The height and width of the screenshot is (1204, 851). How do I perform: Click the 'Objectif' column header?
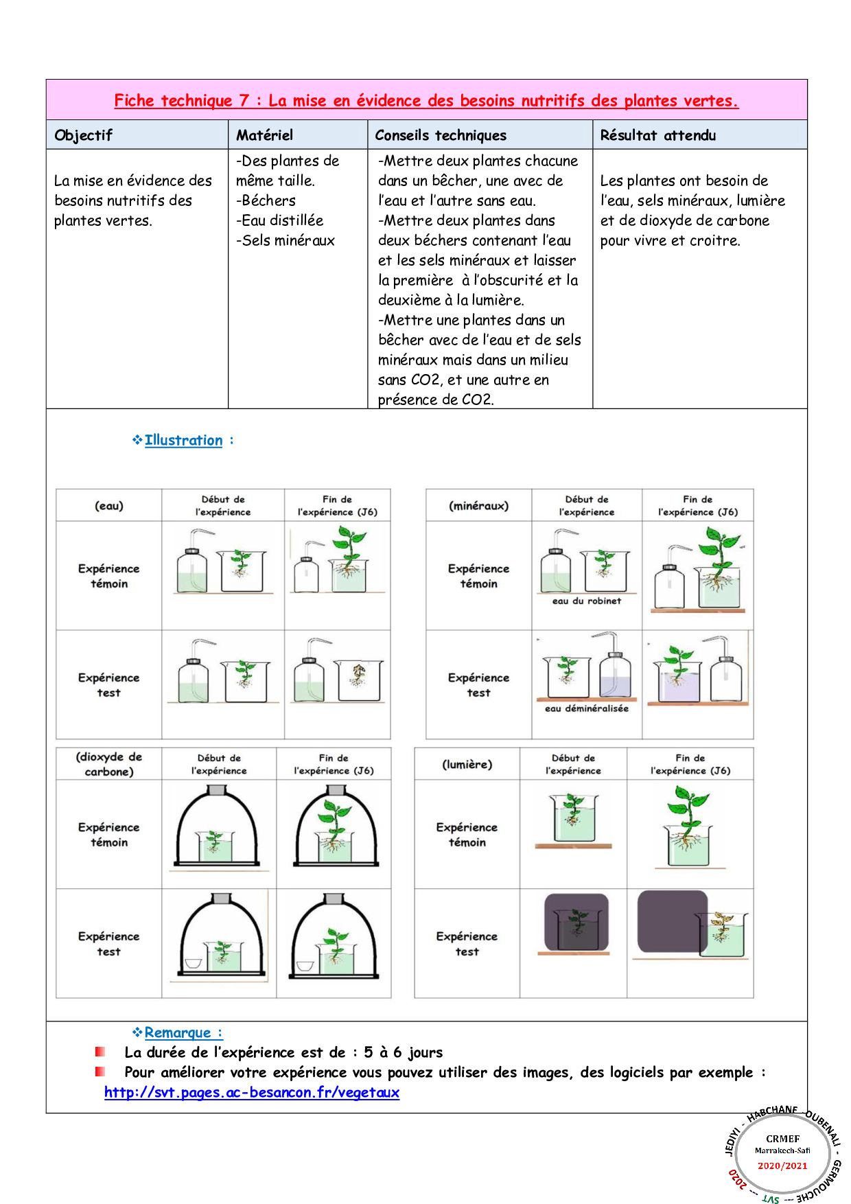click(x=83, y=135)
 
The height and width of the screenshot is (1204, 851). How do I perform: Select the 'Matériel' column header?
click(x=264, y=135)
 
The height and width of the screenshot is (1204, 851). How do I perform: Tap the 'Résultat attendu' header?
click(x=657, y=135)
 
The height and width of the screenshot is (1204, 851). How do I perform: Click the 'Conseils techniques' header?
click(x=441, y=135)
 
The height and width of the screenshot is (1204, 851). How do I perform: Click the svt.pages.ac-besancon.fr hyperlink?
click(x=252, y=1092)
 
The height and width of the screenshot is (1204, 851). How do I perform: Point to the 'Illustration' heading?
click(x=183, y=440)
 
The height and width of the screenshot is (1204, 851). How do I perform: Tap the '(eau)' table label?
click(x=109, y=506)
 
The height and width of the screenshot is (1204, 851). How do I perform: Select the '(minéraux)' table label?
click(x=478, y=506)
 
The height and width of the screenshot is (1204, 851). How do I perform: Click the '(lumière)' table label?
click(x=467, y=764)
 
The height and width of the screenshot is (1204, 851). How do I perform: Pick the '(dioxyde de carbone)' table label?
click(x=109, y=764)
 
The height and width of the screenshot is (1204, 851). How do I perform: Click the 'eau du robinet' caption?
click(x=586, y=601)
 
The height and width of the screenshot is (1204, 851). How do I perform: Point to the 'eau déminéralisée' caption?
click(x=586, y=708)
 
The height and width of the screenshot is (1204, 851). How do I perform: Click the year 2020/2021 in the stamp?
click(x=782, y=1166)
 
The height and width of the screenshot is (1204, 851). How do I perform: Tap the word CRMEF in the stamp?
click(x=782, y=1139)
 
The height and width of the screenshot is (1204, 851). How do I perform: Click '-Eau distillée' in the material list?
click(x=279, y=220)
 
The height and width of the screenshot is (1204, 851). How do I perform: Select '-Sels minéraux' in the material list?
click(x=285, y=240)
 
